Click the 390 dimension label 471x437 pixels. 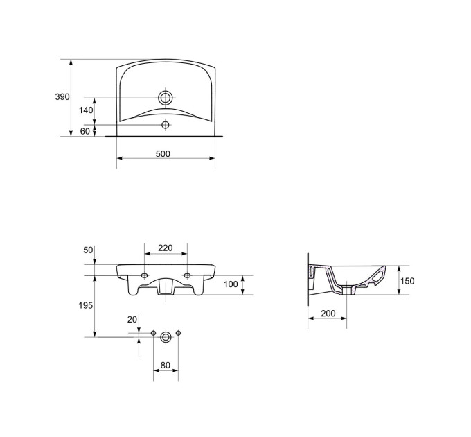[62, 97]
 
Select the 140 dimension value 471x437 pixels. [86, 110]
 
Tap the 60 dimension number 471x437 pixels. [85, 131]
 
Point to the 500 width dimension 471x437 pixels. [163, 154]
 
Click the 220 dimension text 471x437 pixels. [166, 248]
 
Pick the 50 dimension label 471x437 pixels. [88, 250]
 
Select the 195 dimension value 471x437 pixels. [86, 306]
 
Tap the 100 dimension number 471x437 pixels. [231, 284]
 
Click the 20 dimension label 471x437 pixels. [132, 319]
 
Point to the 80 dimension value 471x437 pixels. [166, 365]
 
